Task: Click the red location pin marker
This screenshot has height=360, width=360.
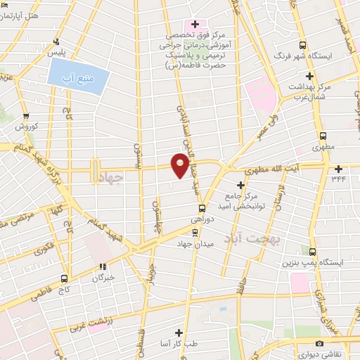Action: tap(181, 165)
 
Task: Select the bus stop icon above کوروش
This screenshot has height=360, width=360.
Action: tap(26, 116)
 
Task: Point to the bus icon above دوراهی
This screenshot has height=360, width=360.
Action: tap(202, 208)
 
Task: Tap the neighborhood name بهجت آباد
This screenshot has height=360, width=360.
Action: tap(252, 239)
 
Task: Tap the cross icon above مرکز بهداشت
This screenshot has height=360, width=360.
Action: tap(309, 75)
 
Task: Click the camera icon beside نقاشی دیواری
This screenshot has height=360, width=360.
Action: tap(320, 344)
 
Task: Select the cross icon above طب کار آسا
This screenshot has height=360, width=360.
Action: tap(180, 332)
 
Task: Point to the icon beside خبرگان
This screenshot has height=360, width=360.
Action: tap(103, 266)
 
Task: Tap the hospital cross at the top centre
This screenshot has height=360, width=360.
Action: tap(195, 24)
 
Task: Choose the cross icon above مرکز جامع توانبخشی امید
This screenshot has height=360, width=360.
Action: tap(241, 184)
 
